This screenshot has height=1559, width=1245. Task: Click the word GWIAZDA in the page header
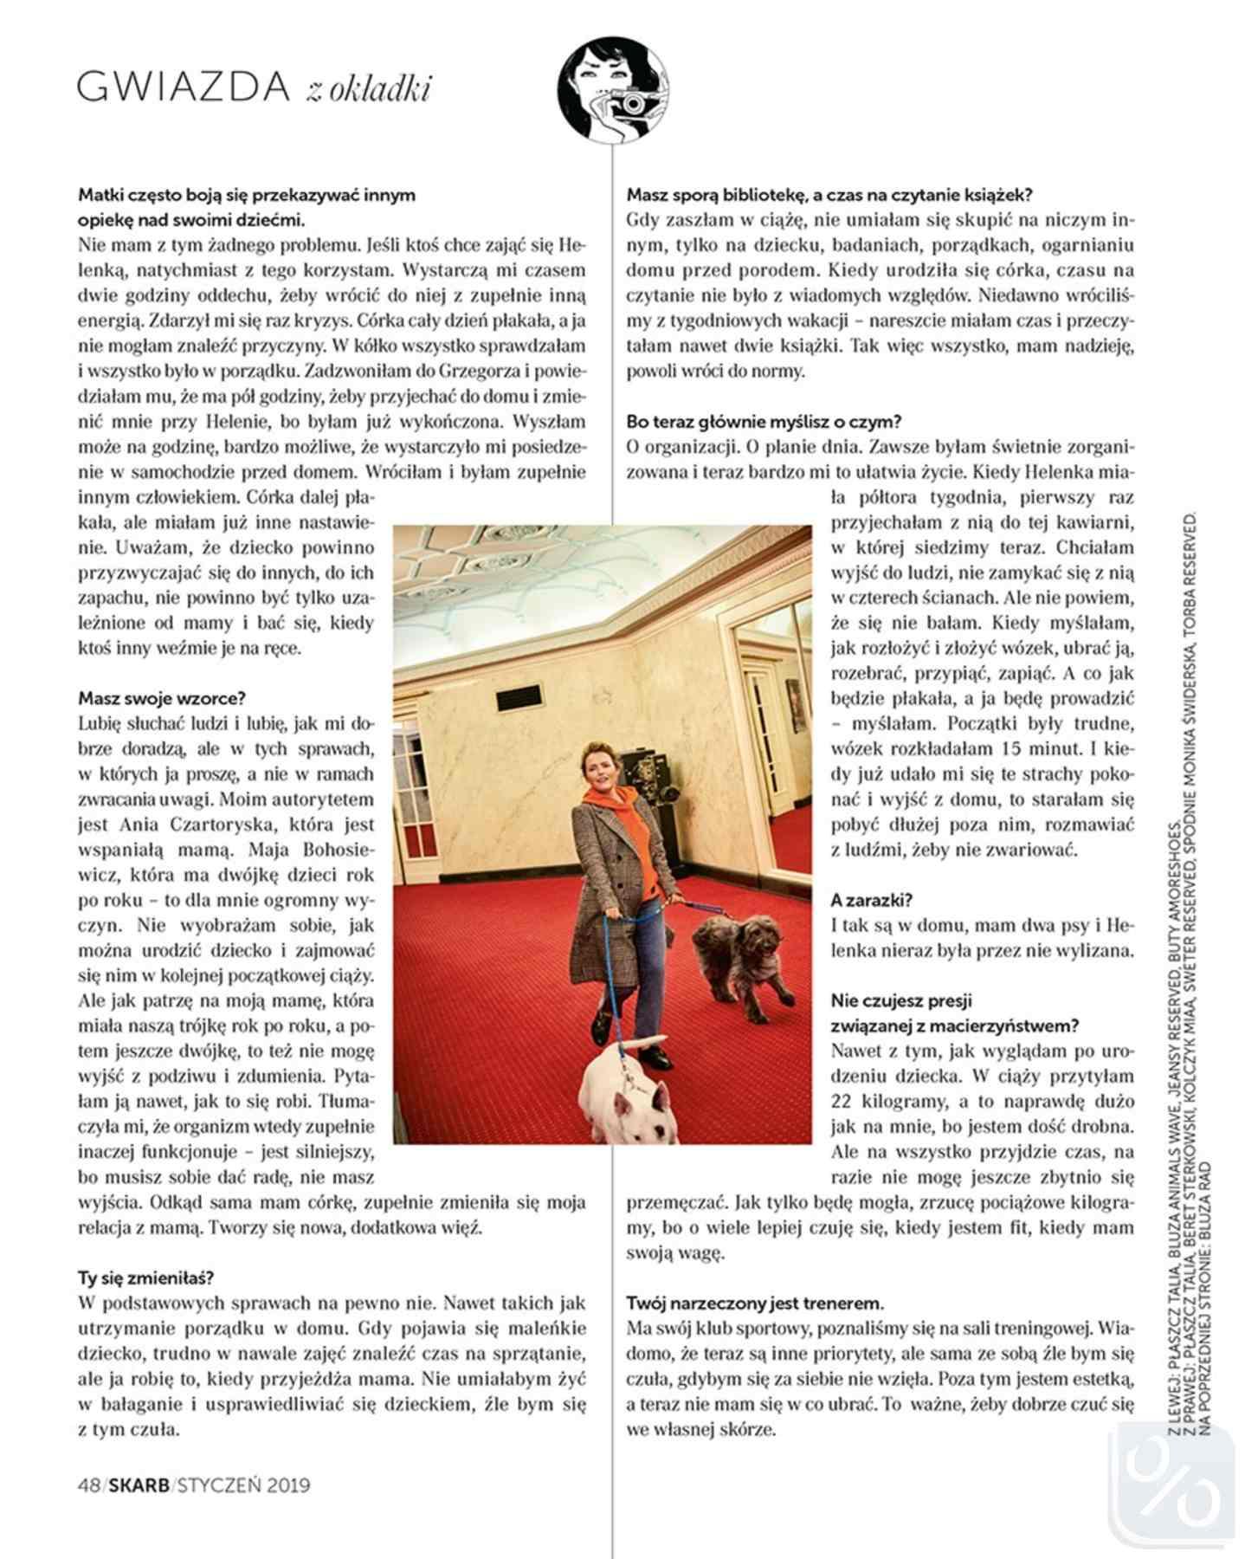pyautogui.click(x=183, y=87)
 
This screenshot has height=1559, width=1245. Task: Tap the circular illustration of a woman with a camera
pyautogui.click(x=613, y=92)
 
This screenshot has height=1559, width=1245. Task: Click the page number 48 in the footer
pyautogui.click(x=87, y=1485)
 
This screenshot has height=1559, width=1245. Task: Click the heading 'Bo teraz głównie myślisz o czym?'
pyautogui.click(x=764, y=422)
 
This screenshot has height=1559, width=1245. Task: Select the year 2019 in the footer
pyautogui.click(x=288, y=1485)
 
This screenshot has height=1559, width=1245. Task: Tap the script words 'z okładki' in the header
pyautogui.click(x=368, y=90)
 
